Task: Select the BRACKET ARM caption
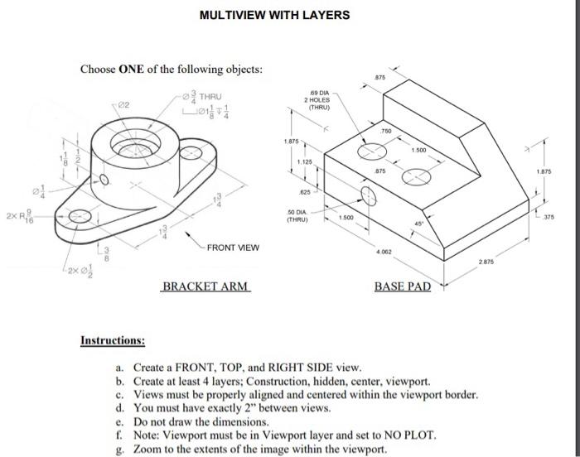(x=205, y=287)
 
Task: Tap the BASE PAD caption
(x=403, y=287)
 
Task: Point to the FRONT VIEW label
(x=233, y=248)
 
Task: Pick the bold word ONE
(x=133, y=69)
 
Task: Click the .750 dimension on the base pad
(x=386, y=132)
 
